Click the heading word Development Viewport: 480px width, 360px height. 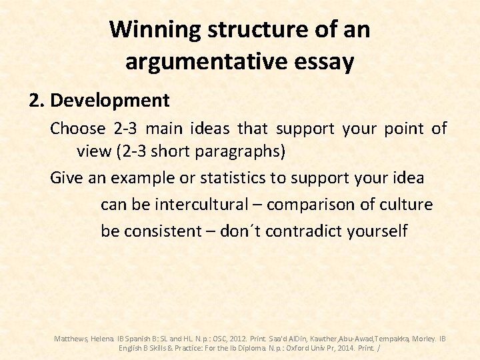point(110,101)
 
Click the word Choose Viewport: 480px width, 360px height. point(78,128)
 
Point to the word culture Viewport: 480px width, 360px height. point(404,204)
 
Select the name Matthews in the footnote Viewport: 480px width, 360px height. point(71,339)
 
